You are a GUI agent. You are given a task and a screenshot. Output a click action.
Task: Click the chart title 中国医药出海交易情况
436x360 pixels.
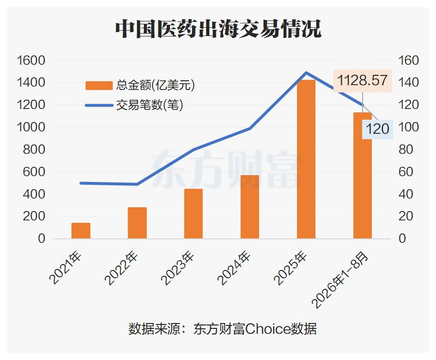pyautogui.click(x=218, y=29)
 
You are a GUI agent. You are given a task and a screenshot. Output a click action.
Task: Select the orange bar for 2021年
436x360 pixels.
pyautogui.click(x=81, y=231)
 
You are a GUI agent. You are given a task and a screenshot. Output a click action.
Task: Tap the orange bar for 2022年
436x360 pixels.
pyautogui.click(x=138, y=223)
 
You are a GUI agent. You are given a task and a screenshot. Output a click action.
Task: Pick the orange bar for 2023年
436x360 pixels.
pyautogui.click(x=193, y=214)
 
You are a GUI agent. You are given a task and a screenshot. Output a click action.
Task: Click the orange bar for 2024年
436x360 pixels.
pyautogui.click(x=250, y=207)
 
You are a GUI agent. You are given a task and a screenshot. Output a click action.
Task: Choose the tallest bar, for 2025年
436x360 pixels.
pyautogui.click(x=306, y=159)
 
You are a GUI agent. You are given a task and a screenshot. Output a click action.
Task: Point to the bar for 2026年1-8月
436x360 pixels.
pyautogui.click(x=363, y=176)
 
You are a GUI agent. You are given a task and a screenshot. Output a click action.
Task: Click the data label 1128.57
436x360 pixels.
pyautogui.click(x=362, y=80)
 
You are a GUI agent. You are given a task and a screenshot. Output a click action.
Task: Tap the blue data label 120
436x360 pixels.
pyautogui.click(x=377, y=129)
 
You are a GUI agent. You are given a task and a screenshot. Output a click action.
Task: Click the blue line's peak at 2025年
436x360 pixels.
pyautogui.click(x=306, y=72)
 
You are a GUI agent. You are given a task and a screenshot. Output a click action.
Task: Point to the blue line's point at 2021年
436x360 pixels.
pyautogui.click(x=81, y=183)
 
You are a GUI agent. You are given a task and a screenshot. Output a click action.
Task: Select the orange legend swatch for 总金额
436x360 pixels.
pyautogui.click(x=99, y=86)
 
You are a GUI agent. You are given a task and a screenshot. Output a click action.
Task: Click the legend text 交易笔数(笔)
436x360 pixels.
pyautogui.click(x=150, y=105)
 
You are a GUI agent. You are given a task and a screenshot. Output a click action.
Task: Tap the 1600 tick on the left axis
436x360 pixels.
pyautogui.click(x=31, y=60)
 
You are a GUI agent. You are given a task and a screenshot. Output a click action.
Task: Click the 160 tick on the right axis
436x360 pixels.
pyautogui.click(x=408, y=60)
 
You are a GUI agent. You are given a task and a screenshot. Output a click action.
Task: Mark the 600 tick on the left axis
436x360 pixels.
pyautogui.click(x=34, y=172)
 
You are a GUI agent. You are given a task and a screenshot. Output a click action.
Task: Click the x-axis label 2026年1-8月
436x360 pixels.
pyautogui.click(x=340, y=280)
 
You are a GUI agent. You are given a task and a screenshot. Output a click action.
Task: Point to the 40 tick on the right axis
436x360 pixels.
pyautogui.click(x=406, y=194)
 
